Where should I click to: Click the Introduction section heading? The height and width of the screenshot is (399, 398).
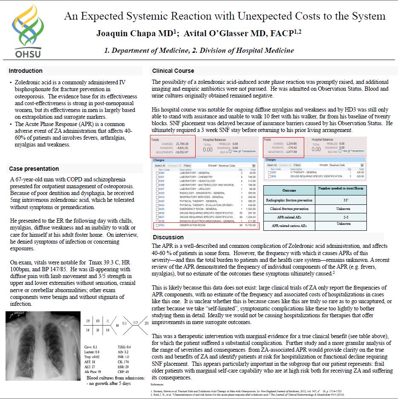pos(26,71)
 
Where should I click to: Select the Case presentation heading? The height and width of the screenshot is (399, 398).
pos(34,169)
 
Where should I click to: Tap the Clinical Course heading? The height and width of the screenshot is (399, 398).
pos(173,71)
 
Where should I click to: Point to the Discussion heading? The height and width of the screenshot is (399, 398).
pos(168,237)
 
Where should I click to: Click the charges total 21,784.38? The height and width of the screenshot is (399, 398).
pos(182,144)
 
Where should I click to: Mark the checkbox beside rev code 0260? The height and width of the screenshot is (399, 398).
pos(268,172)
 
